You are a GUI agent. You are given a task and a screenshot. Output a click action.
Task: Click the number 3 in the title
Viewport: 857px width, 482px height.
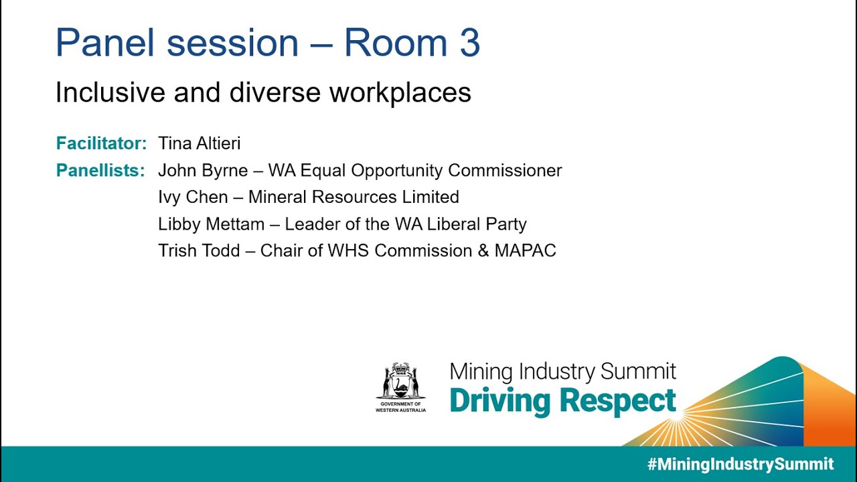tap(469, 43)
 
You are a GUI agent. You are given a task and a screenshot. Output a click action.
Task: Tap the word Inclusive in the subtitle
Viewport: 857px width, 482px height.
tap(109, 92)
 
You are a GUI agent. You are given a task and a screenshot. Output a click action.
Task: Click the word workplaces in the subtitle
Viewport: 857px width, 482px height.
tap(400, 92)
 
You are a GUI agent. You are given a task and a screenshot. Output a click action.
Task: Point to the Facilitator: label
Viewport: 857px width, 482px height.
tap(101, 143)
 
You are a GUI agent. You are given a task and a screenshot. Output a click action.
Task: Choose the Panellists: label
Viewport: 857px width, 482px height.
tap(100, 171)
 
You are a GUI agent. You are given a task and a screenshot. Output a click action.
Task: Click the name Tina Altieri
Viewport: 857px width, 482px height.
tap(199, 143)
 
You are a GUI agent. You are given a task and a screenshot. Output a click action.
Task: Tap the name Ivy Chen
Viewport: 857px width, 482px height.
tap(193, 197)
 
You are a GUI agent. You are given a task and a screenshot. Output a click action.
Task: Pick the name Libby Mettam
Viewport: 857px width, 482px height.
tap(211, 224)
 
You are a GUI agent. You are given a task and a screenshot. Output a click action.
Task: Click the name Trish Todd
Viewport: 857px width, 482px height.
tap(199, 251)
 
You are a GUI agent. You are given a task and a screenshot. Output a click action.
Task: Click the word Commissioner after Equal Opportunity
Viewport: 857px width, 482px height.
tap(505, 171)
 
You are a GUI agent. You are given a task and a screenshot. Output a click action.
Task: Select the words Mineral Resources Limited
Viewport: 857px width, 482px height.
tap(354, 197)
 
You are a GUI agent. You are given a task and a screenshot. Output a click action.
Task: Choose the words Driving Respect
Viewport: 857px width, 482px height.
tap(562, 400)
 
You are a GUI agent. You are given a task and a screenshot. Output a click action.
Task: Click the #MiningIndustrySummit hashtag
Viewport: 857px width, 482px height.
tap(741, 464)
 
